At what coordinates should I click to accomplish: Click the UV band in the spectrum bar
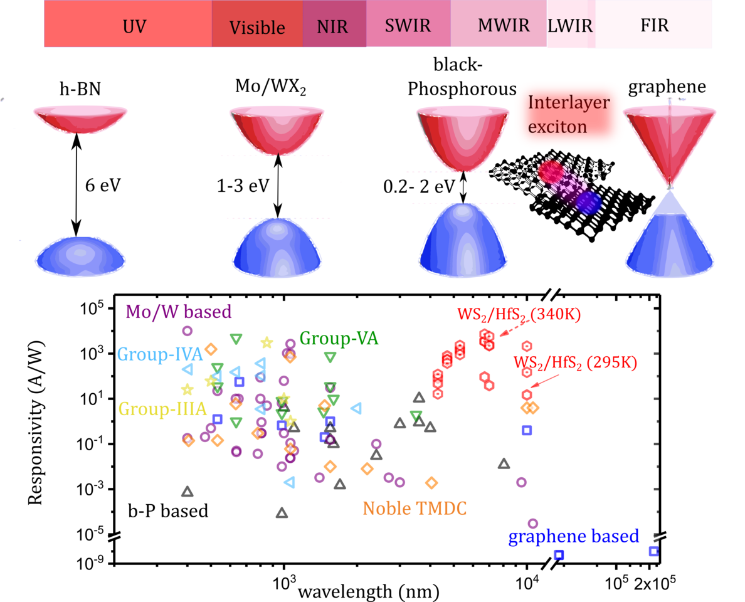pyautogui.click(x=128, y=25)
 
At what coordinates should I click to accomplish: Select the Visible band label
pyautogui.click(x=257, y=28)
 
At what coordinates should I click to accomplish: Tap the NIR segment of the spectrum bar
pyautogui.click(x=332, y=27)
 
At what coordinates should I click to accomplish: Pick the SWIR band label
pyautogui.click(x=408, y=26)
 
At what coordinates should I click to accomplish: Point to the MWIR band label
pyautogui.click(x=504, y=26)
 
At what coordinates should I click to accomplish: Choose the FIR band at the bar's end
pyautogui.click(x=654, y=26)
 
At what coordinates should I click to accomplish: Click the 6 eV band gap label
pyautogui.click(x=102, y=186)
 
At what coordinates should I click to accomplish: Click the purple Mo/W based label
pyautogui.click(x=179, y=311)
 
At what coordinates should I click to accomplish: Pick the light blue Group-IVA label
pyautogui.click(x=160, y=355)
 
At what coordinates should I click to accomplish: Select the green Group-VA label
pyautogui.click(x=339, y=339)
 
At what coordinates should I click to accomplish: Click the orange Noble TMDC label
pyautogui.click(x=415, y=509)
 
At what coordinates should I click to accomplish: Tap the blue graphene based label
pyautogui.click(x=573, y=537)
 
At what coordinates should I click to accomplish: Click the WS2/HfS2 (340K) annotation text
pyautogui.click(x=519, y=314)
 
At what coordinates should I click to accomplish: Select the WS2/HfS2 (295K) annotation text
pyautogui.click(x=575, y=362)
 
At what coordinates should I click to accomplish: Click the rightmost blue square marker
pyautogui.click(x=653, y=551)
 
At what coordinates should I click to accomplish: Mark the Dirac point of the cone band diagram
pyautogui.click(x=670, y=186)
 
